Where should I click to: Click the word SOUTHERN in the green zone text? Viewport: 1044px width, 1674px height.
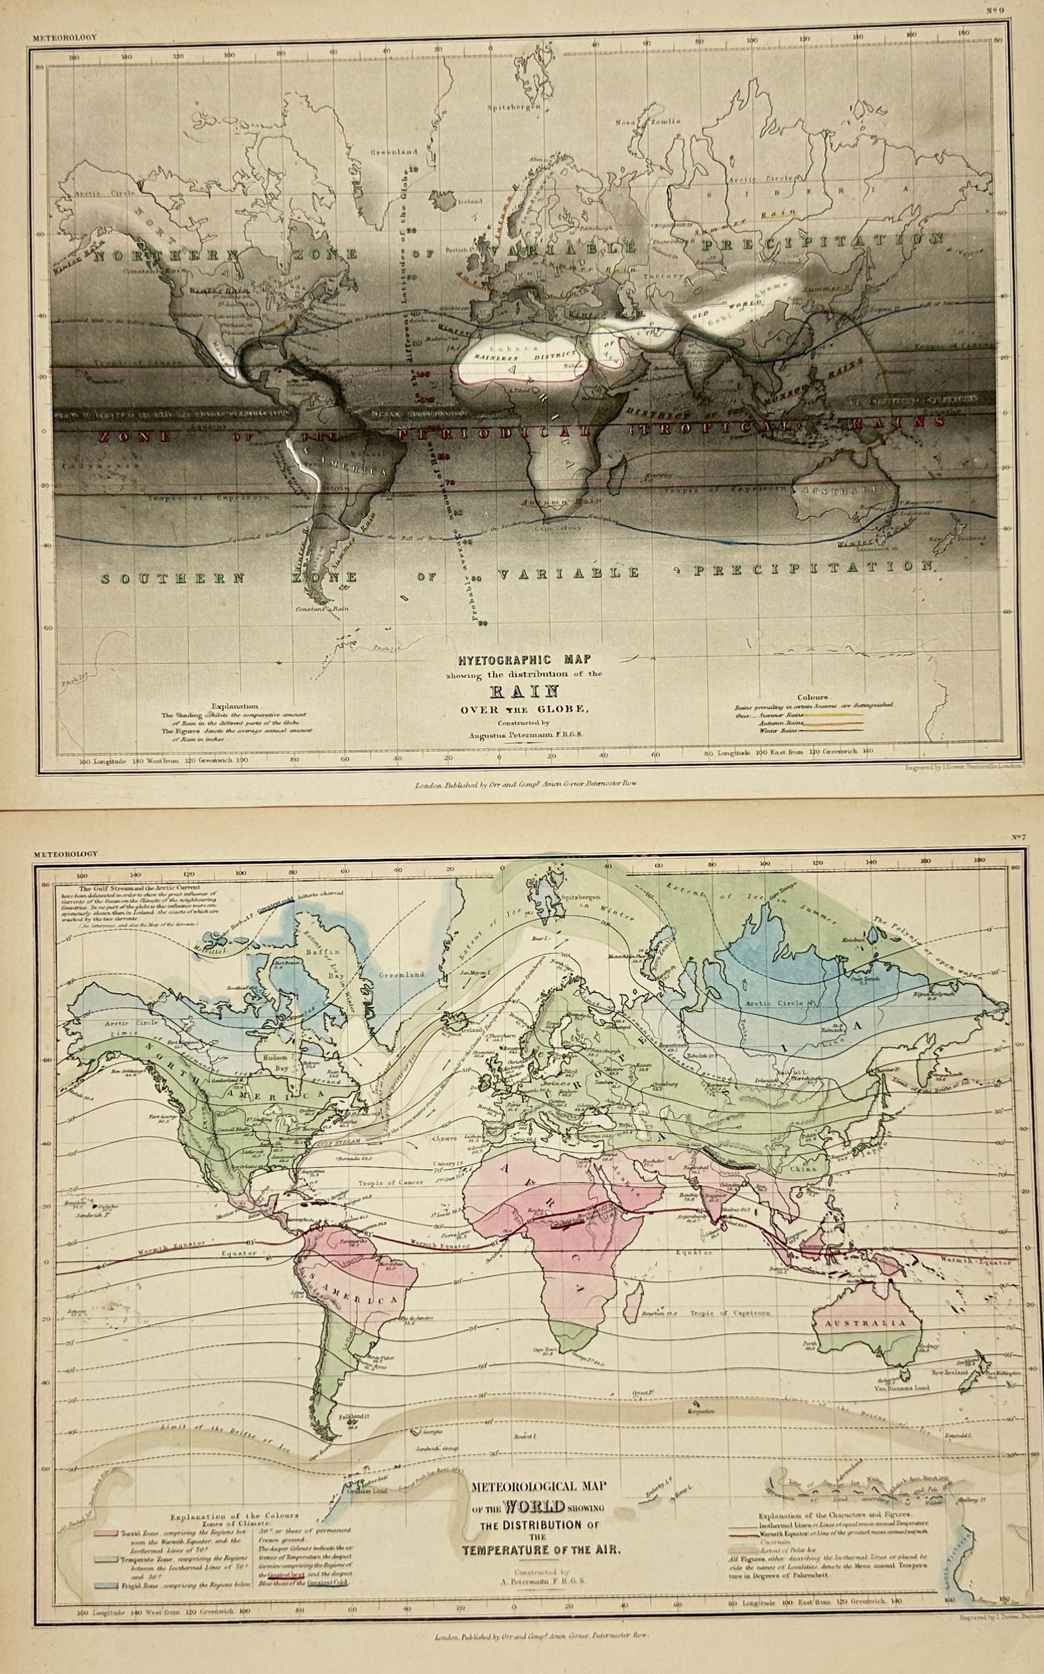point(173,578)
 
